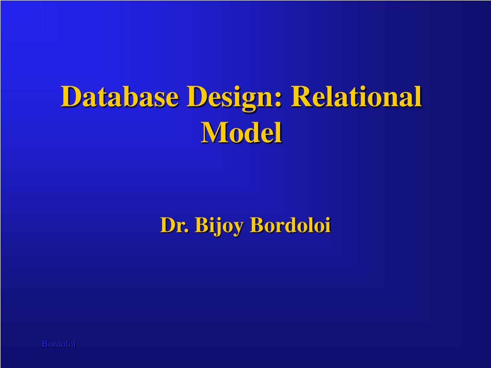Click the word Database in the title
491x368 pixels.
119,96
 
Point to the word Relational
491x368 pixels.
356,96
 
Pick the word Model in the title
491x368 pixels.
241,132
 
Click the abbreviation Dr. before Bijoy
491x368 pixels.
175,225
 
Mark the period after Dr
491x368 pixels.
187,231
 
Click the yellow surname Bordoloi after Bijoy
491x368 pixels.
290,225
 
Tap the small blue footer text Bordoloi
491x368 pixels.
59,344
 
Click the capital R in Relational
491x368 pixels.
302,96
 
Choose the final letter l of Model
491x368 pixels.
279,132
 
